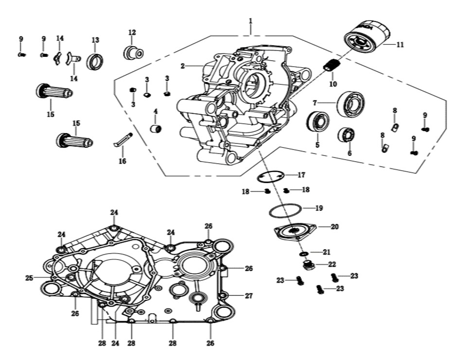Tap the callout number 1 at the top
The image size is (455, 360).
tap(250, 21)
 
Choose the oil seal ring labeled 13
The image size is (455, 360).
tap(94, 61)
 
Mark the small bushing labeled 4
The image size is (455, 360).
tap(156, 128)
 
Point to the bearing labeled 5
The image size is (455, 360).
tap(318, 122)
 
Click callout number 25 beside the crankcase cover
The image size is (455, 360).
tap(29, 278)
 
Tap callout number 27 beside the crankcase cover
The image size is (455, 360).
tap(249, 295)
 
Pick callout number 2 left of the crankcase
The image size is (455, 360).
tap(182, 66)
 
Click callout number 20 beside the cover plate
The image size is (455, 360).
tap(334, 226)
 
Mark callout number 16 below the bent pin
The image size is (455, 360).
tap(122, 161)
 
